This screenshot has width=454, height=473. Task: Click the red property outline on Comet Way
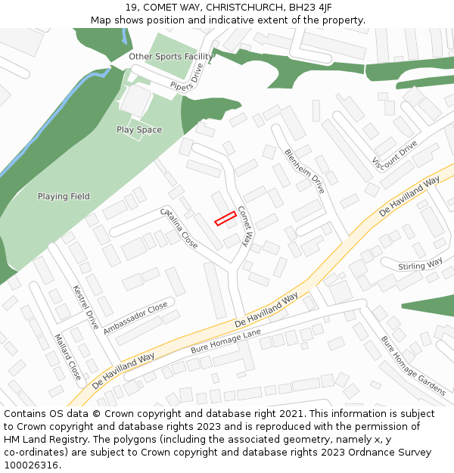225,218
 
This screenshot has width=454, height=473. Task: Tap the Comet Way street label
244,226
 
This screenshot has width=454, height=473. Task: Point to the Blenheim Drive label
304,170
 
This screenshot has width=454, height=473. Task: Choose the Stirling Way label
421,264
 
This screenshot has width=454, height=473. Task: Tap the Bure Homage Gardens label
412,365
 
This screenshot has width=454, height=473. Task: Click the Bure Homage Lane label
225,342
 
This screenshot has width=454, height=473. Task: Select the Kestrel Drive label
86,308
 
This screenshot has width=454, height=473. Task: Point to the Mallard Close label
67,356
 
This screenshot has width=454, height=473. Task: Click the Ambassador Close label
135,319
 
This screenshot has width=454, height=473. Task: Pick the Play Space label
139,130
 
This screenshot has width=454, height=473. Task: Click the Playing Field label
64,197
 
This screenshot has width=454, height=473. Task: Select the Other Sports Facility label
170,57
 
